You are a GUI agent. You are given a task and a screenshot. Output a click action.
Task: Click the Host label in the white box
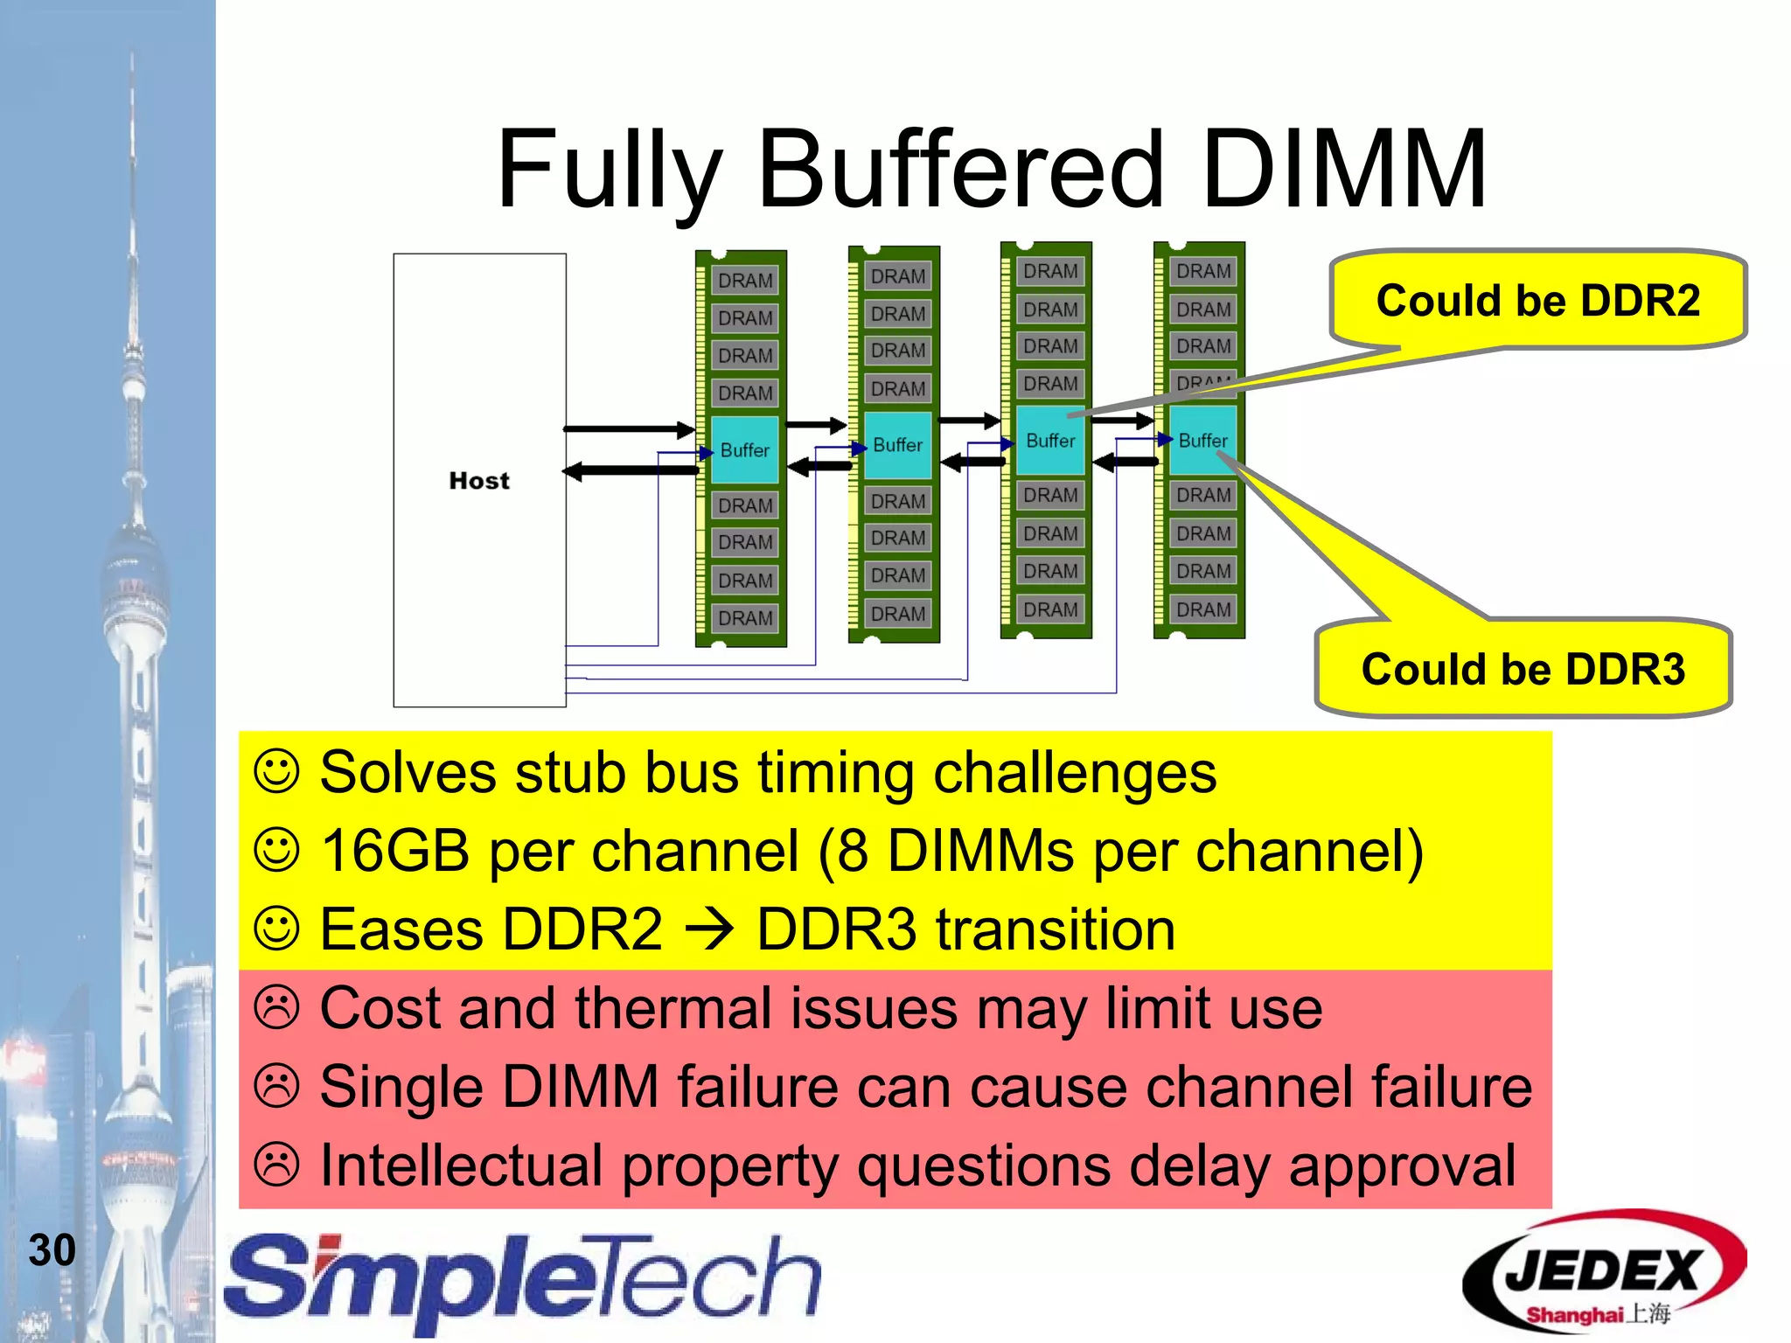(x=478, y=481)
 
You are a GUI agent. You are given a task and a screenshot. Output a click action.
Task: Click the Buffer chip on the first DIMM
(x=744, y=450)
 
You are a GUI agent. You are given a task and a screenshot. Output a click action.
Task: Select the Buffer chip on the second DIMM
(x=897, y=445)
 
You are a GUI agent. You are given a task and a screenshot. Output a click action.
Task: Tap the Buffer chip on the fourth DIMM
(x=1202, y=441)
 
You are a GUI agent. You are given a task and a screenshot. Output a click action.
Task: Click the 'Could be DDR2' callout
(x=1537, y=300)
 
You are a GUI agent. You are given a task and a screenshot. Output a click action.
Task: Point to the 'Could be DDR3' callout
(x=1523, y=669)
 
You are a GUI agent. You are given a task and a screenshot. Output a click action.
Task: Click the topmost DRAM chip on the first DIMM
(x=745, y=281)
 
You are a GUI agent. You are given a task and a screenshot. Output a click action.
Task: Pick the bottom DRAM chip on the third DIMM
(x=1050, y=609)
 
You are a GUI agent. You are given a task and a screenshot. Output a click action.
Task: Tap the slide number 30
(x=52, y=1249)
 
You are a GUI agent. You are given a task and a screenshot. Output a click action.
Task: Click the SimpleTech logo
(x=522, y=1280)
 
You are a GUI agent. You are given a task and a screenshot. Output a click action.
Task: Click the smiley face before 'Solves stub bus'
(x=277, y=771)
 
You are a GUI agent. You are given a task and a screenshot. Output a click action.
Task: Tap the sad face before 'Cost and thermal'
(x=277, y=1007)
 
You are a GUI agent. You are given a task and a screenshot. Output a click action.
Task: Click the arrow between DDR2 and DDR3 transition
(x=709, y=929)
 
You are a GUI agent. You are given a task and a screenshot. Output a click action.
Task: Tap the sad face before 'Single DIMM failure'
(x=277, y=1086)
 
